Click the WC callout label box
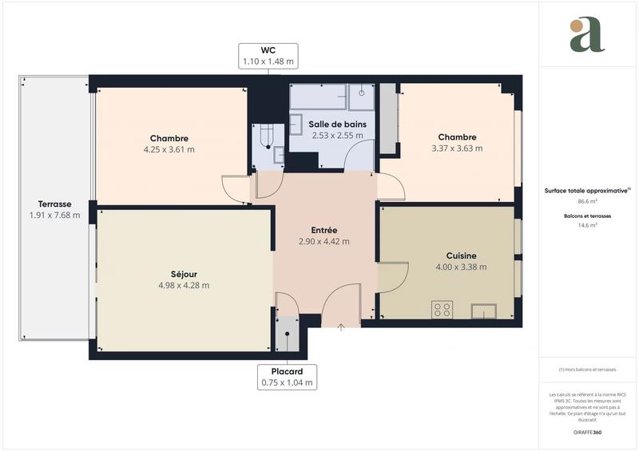click(x=268, y=55)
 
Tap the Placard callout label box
click(x=287, y=377)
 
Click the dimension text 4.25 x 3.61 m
click(x=169, y=148)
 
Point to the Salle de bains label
click(x=336, y=124)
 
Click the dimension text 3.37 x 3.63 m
click(x=457, y=148)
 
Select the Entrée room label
click(x=323, y=230)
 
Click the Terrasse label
click(x=54, y=204)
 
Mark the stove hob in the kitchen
click(x=442, y=309)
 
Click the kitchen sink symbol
click(x=484, y=310)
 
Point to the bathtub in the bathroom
click(x=317, y=97)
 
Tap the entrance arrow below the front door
click(x=341, y=326)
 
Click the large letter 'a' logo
click(x=587, y=35)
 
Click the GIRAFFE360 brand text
click(x=587, y=431)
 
